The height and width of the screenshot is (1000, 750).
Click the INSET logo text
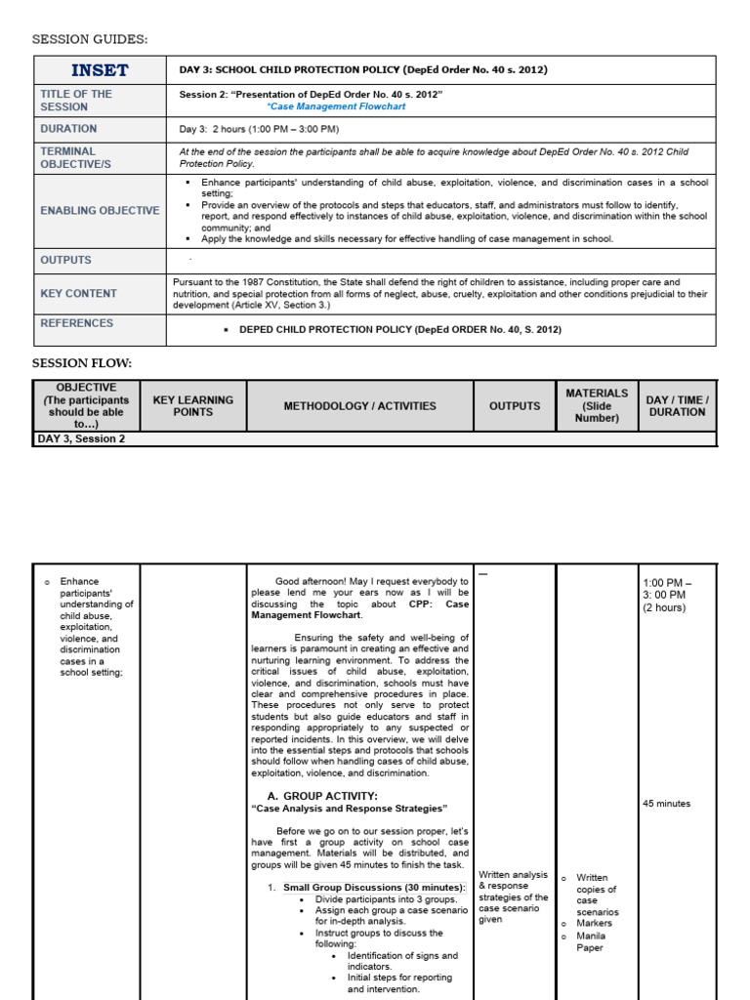click(100, 70)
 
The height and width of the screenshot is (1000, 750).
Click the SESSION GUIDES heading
click(91, 39)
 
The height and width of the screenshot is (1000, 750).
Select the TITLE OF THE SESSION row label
click(76, 101)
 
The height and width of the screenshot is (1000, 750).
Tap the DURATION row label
click(68, 129)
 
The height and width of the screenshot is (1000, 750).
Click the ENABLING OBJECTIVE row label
click(100, 211)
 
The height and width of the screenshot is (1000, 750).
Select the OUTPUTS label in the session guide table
click(65, 261)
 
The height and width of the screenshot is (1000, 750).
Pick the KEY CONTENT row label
click(78, 293)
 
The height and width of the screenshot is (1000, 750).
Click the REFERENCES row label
click(76, 323)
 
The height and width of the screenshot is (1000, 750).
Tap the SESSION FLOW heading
click(82, 363)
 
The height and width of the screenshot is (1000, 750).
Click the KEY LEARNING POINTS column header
click(193, 406)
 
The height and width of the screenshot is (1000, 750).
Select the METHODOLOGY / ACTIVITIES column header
click(360, 406)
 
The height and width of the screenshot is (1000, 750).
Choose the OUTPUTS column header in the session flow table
click(514, 406)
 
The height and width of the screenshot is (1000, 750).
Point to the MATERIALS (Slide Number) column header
click(597, 405)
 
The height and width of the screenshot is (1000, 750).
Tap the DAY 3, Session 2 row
click(81, 439)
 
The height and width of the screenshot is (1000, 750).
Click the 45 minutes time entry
click(666, 804)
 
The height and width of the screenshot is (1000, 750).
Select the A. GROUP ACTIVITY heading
click(322, 796)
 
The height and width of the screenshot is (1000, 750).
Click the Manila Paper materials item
click(590, 941)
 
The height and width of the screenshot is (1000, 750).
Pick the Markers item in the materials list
click(594, 923)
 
